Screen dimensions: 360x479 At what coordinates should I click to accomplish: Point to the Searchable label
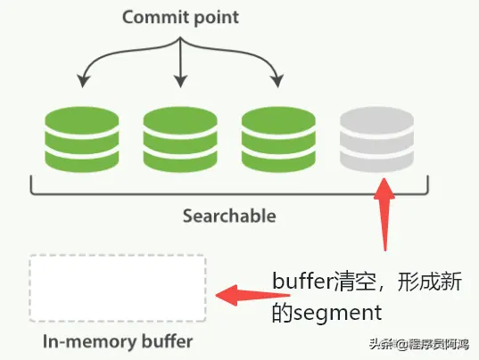(229, 216)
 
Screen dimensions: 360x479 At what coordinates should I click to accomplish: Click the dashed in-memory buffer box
(117, 288)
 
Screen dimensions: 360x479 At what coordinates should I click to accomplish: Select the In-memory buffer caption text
(117, 340)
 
